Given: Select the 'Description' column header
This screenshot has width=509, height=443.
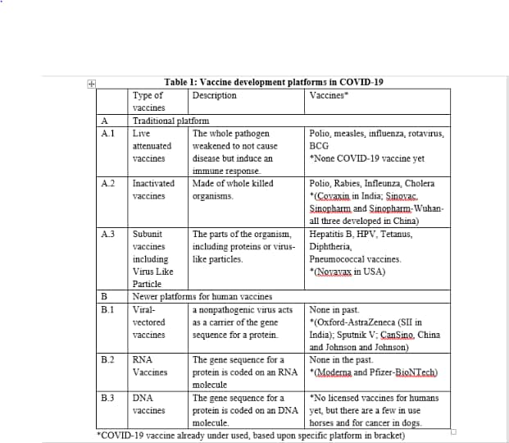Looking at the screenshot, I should click(215, 95).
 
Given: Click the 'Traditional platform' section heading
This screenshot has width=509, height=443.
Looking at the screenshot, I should click(170, 120).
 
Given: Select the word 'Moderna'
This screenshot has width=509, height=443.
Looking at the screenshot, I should click(338, 372).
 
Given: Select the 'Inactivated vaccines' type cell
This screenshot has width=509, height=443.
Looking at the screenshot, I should click(153, 190).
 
